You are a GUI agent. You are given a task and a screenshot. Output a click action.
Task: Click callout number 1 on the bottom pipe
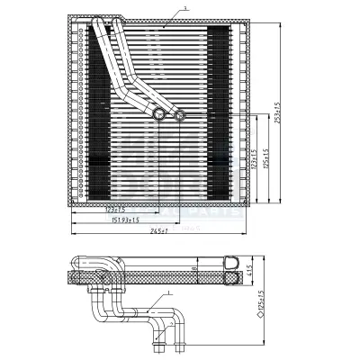point(169,293)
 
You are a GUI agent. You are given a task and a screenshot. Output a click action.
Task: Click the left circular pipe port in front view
point(160,113)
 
